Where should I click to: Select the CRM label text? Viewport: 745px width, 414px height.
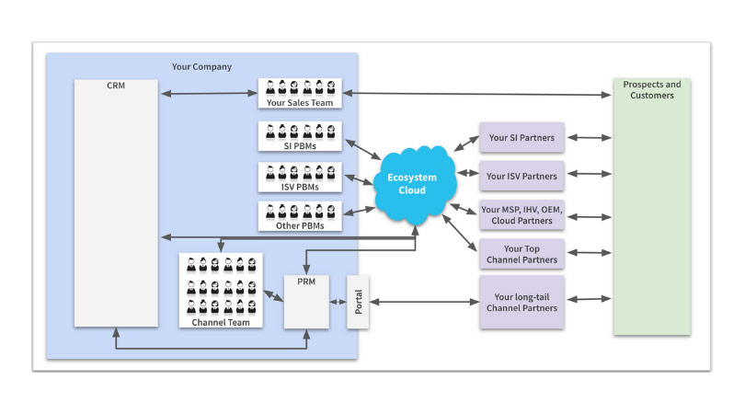[x=116, y=86]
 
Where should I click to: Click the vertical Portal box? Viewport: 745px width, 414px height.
[x=357, y=301]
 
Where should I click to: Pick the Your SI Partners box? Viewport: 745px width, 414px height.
[x=521, y=137]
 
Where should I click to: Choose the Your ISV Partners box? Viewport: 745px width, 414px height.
[x=521, y=175]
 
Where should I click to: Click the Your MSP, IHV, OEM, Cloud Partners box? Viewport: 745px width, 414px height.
[x=521, y=215]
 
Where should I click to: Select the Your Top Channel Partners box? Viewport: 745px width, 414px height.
[x=521, y=254]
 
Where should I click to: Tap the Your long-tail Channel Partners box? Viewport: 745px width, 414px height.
[x=521, y=303]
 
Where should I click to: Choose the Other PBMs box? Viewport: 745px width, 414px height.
[x=301, y=216]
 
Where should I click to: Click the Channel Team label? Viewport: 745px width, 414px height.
[x=221, y=322]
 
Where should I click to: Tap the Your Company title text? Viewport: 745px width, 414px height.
[x=201, y=66]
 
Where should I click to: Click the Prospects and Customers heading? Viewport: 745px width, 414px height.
[x=652, y=89]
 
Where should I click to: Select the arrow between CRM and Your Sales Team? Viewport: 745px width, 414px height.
[x=209, y=93]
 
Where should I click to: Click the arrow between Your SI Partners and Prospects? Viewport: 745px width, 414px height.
[x=589, y=138]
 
